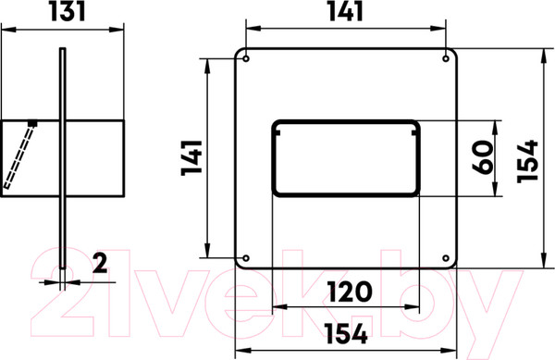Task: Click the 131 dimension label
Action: [x=68, y=11]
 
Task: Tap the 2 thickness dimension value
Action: [x=100, y=263]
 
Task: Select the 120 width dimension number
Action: [x=351, y=292]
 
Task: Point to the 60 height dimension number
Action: [x=483, y=157]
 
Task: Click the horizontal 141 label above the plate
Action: [x=345, y=11]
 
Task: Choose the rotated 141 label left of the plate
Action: [x=191, y=158]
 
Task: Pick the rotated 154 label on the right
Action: [x=527, y=161]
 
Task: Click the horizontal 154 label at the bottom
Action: [x=346, y=334]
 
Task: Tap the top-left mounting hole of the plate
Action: [x=246, y=58]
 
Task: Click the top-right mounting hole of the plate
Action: [x=446, y=58]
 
